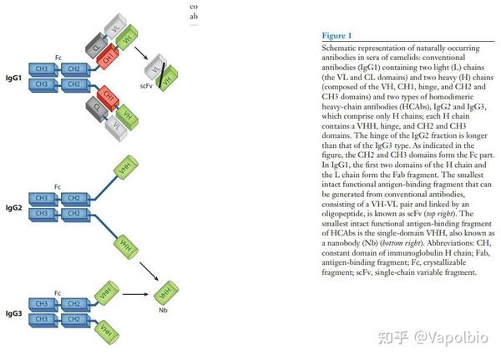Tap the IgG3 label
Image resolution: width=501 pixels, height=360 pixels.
click(14, 312)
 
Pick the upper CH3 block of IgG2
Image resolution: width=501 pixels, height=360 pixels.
click(39, 197)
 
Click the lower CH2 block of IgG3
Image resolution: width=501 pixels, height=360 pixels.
click(73, 318)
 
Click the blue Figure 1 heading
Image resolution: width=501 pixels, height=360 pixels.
click(337, 36)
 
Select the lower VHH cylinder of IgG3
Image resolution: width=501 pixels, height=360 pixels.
click(108, 331)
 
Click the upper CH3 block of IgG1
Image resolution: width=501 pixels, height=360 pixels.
click(39, 70)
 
